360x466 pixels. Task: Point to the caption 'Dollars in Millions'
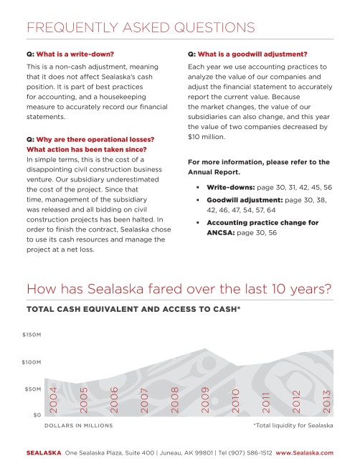[79, 425]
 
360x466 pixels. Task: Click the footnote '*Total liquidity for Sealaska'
[293, 425]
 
